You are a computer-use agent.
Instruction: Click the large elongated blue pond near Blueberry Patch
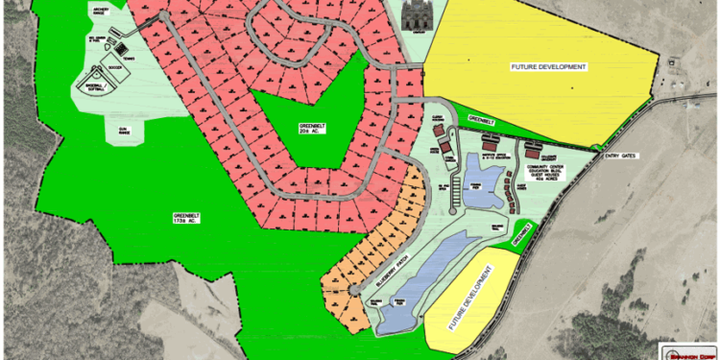point(421,283)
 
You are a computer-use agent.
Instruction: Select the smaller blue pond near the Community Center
point(483,187)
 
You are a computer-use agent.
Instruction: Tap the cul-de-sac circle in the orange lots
point(353,290)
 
